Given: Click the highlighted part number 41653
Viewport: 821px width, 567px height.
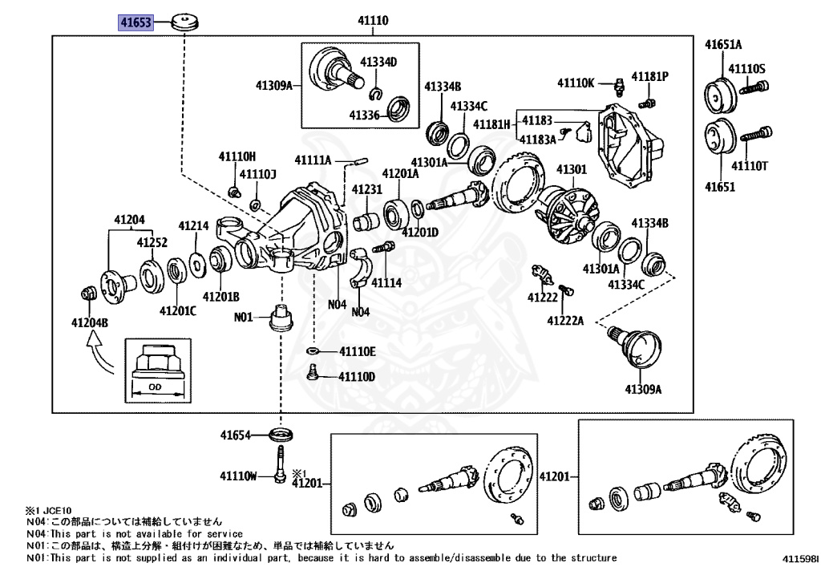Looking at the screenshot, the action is pos(135,22).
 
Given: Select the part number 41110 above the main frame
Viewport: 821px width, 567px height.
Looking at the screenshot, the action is pos(374,20).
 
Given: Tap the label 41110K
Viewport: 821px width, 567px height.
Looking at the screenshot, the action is pos(576,83).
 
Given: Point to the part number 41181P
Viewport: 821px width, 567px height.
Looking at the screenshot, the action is pos(649,76).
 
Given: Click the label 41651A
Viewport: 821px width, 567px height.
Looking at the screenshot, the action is pos(723,44).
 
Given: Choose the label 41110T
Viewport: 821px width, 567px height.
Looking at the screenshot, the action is pos(750,166).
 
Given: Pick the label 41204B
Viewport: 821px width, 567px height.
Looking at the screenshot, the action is pos(90,322).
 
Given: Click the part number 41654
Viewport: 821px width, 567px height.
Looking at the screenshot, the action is pos(236,435).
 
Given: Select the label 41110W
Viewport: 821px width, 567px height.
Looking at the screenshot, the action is pos(239,476).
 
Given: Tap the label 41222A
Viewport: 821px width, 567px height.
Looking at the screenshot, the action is pos(565,321).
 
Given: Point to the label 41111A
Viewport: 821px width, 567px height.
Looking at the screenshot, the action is pos(313,160).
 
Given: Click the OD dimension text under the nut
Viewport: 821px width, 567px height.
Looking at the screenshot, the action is pos(155,387).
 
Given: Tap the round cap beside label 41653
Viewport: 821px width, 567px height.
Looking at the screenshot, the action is pos(185,22).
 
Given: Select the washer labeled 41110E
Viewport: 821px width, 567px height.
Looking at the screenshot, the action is pos(313,350).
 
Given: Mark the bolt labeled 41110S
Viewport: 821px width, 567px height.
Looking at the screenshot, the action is pos(754,87).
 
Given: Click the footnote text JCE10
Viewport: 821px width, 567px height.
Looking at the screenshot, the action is pos(58,510).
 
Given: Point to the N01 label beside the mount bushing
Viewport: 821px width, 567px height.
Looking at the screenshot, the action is pos(244,317).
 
